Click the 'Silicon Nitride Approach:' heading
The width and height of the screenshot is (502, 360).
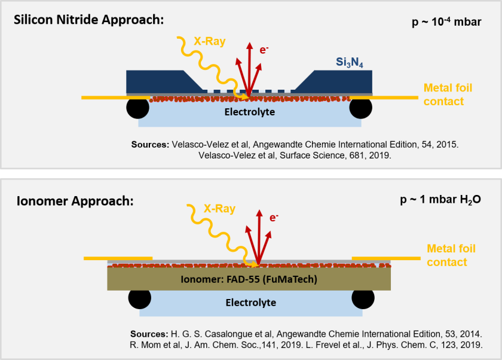[x=88, y=20]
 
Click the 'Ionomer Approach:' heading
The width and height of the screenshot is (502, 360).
[x=74, y=200]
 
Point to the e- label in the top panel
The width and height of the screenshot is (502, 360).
[x=264, y=50]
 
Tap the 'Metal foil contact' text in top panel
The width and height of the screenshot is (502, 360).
[x=448, y=94]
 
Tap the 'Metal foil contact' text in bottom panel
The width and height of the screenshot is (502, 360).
[x=451, y=255]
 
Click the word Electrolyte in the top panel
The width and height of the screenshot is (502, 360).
[x=249, y=112]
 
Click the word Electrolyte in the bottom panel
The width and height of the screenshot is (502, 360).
[x=250, y=303]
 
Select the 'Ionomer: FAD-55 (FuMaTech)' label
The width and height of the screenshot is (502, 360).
[x=249, y=279]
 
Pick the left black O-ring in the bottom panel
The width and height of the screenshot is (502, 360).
[x=139, y=298]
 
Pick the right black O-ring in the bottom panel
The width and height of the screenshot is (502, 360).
[x=363, y=298]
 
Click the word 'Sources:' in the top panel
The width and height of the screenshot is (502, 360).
[x=149, y=144]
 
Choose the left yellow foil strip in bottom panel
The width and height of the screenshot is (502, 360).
[x=118, y=258]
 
